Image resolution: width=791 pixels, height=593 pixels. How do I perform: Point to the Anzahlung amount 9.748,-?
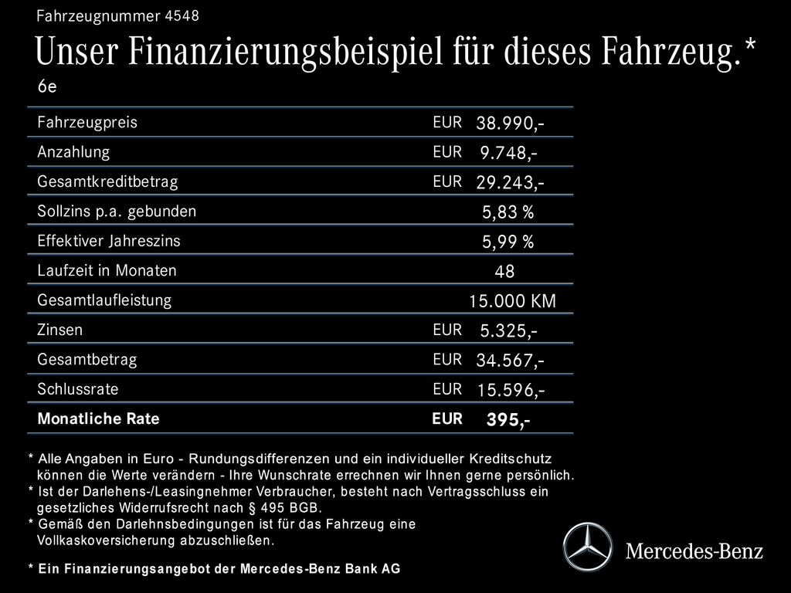pyautogui.click(x=509, y=153)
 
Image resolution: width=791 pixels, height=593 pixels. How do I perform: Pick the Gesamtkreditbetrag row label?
pyautogui.click(x=107, y=182)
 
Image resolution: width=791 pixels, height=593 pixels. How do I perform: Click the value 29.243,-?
pyautogui.click(x=510, y=183)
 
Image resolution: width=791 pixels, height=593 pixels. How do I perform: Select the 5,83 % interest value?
pyautogui.click(x=508, y=212)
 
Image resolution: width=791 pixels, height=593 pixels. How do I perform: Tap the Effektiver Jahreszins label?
pyautogui.click(x=109, y=241)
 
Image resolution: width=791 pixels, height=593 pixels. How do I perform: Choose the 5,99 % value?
pyautogui.click(x=508, y=242)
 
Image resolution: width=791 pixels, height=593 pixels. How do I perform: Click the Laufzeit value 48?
pyautogui.click(x=504, y=272)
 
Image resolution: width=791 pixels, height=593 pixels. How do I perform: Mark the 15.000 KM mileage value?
pyautogui.click(x=512, y=301)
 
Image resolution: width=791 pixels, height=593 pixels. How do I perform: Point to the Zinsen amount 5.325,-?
pyautogui.click(x=509, y=331)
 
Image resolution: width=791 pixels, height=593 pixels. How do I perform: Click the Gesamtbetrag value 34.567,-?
pyautogui.click(x=510, y=361)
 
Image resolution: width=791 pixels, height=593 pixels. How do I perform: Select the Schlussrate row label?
pyautogui.click(x=78, y=389)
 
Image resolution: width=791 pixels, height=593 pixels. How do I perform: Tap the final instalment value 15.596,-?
pyautogui.click(x=510, y=391)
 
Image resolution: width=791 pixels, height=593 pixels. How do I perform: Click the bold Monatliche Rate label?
pyautogui.click(x=98, y=419)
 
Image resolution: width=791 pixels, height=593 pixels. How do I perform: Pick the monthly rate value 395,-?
pyautogui.click(x=508, y=420)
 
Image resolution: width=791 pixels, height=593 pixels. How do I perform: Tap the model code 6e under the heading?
pyautogui.click(x=47, y=87)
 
